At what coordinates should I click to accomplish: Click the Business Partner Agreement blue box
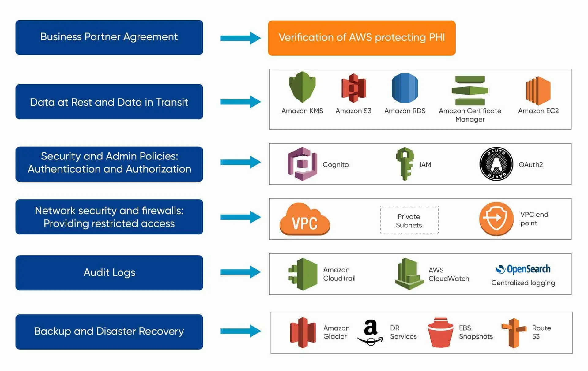[x=109, y=37]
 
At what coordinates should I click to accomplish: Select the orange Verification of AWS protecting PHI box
[x=361, y=38]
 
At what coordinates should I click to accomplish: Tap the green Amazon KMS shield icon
[x=302, y=87]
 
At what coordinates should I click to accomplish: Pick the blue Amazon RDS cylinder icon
[x=405, y=88]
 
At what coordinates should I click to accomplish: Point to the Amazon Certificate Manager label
[x=470, y=115]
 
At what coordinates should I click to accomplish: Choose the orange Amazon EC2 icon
[x=538, y=91]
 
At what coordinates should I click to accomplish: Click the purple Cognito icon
[x=302, y=164]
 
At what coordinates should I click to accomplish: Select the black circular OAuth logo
[x=496, y=164]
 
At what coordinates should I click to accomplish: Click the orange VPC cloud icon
[x=304, y=219]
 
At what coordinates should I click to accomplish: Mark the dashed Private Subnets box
[x=409, y=220]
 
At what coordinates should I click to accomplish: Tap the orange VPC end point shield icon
[x=496, y=219]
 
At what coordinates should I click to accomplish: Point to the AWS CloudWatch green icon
[x=409, y=274]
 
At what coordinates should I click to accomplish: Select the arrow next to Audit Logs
[x=240, y=272]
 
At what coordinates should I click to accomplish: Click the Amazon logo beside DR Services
[x=370, y=332]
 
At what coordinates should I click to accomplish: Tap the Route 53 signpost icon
[x=514, y=333]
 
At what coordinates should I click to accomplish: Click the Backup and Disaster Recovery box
[x=109, y=332]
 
